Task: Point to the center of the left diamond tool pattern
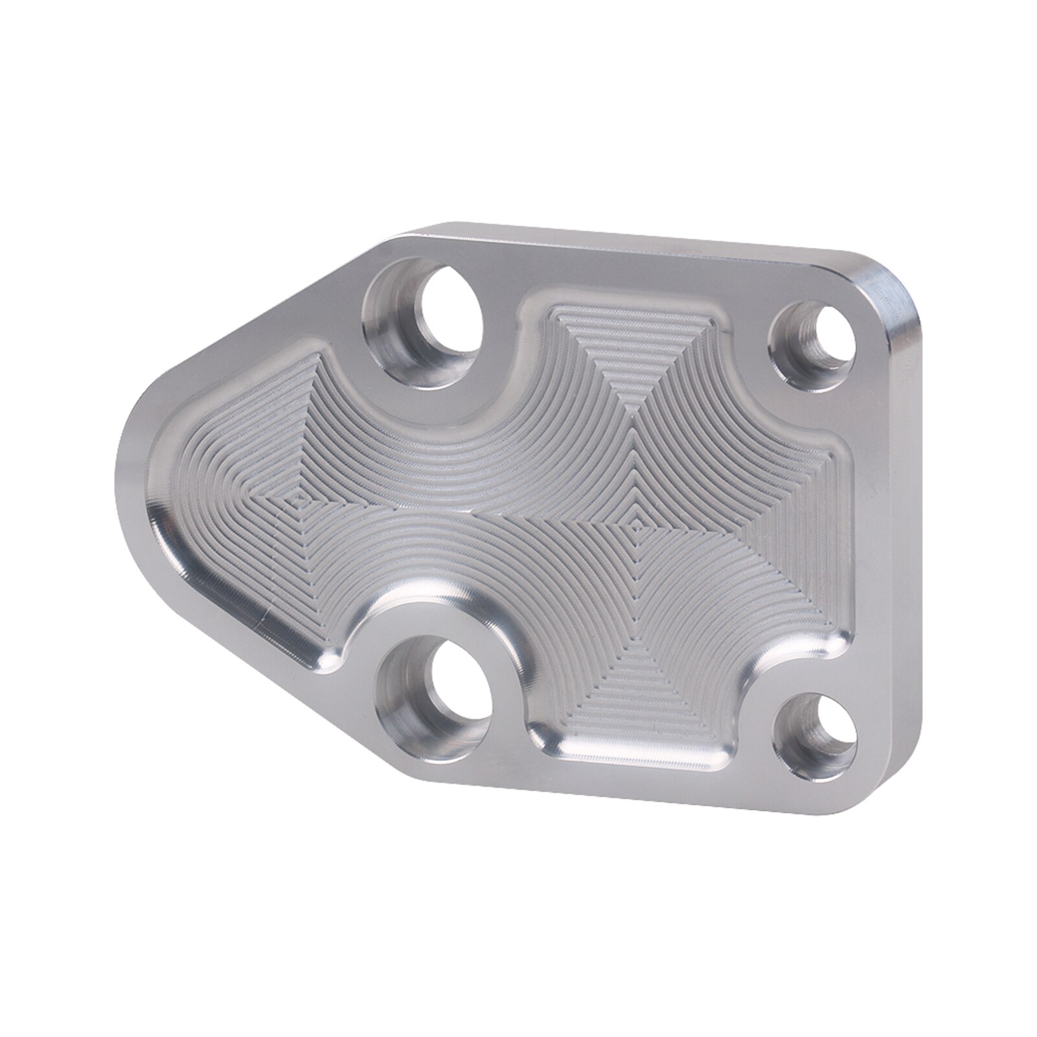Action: tap(297, 499)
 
